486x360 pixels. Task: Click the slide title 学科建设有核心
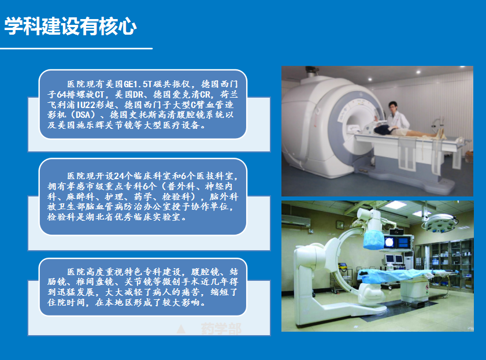click(x=71, y=26)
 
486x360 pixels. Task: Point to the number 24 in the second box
click(x=119, y=176)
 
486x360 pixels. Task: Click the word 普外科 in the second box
click(x=181, y=186)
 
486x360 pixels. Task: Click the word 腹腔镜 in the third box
click(x=205, y=272)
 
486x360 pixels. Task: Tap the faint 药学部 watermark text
click(x=221, y=328)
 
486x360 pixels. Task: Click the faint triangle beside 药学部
click(x=181, y=329)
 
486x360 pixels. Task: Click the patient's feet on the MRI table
click(x=440, y=133)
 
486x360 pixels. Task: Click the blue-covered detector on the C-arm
click(x=373, y=239)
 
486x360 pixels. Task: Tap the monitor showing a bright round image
click(x=389, y=242)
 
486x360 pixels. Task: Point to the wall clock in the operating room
click(x=340, y=224)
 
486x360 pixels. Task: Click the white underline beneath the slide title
click(x=76, y=49)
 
